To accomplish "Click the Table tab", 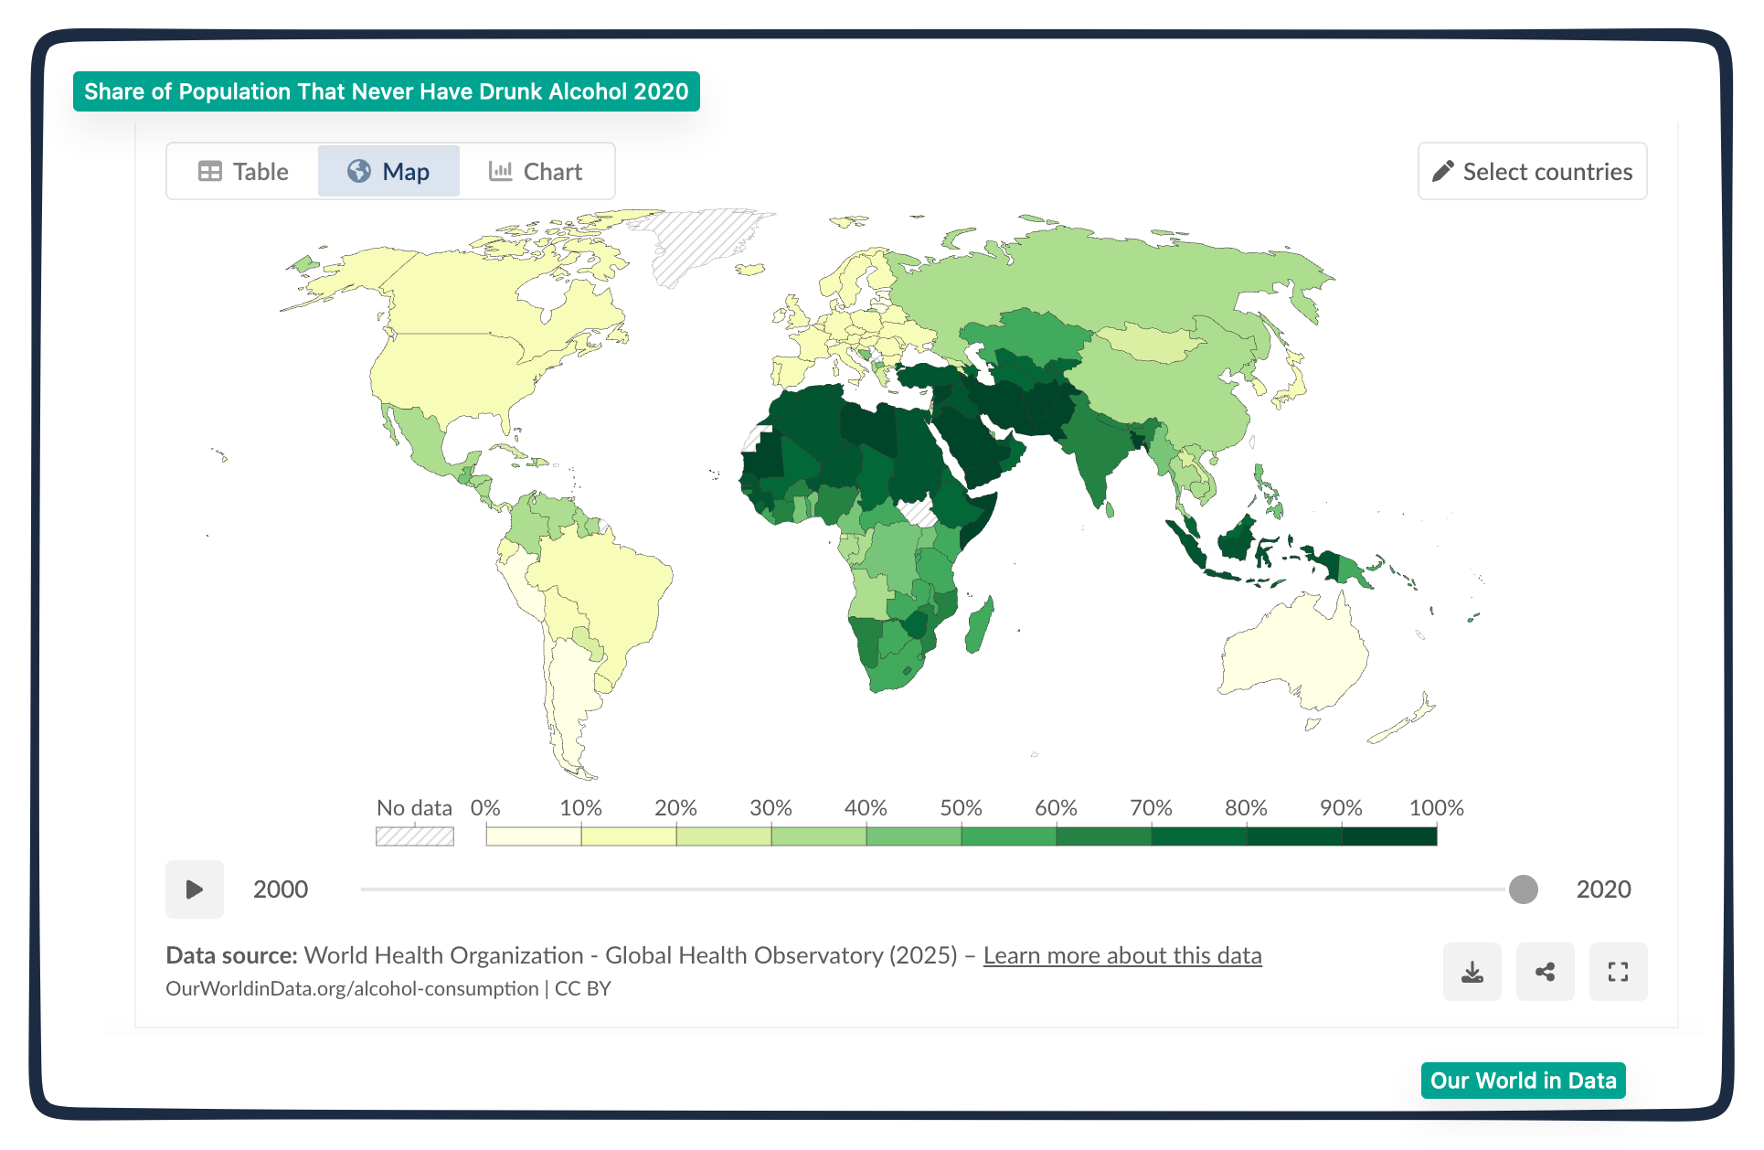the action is [243, 171].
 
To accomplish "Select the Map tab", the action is [388, 171].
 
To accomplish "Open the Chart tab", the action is [536, 171].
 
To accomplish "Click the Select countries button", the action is [1532, 171].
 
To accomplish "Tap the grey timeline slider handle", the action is [1524, 889].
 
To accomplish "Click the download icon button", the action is [1472, 972].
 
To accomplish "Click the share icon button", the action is [1546, 972].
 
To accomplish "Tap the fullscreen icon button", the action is [1619, 972].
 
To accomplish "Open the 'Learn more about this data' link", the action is [1122, 955].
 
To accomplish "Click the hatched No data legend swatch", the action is [415, 836].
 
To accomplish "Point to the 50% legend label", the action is [961, 808].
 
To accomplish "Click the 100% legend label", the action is [1436, 808].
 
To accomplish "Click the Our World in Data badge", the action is [1524, 1081].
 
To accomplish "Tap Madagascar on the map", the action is [979, 624].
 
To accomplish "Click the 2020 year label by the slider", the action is [1603, 889].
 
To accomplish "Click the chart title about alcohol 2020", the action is [387, 91].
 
